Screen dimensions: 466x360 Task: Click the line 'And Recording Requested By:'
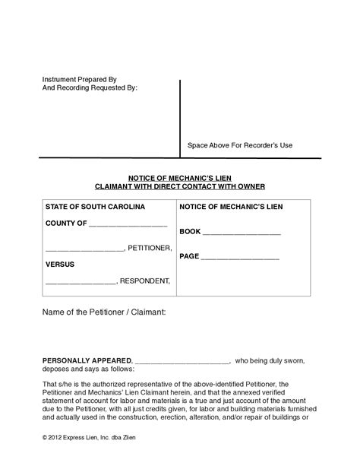[90, 87]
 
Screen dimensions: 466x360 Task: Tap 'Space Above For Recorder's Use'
[239, 145]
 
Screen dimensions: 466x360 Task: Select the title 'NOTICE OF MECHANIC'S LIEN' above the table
[179, 174]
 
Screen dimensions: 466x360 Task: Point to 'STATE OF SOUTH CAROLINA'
[95, 207]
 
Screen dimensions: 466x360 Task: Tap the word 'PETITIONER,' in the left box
[150, 249]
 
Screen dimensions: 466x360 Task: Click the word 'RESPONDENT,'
[145, 281]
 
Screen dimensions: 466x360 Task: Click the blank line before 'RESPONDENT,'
[81, 282]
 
